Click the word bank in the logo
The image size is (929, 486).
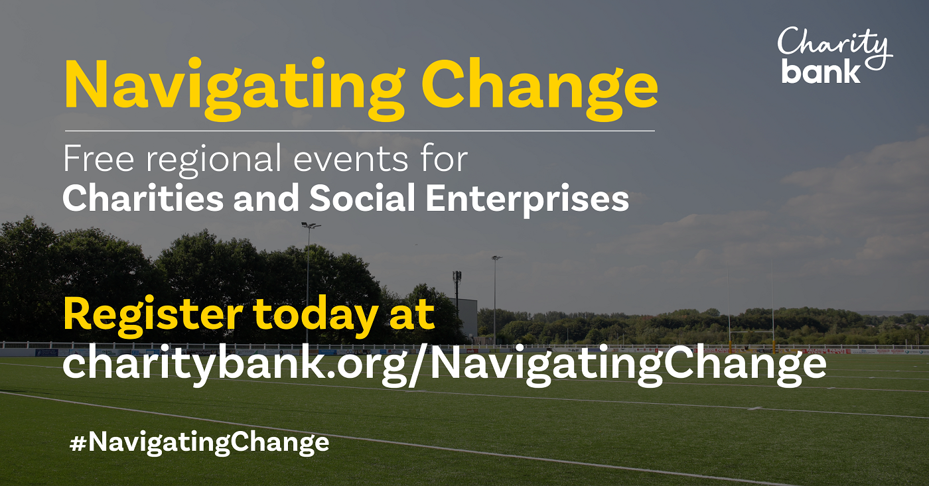821,71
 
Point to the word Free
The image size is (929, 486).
99,160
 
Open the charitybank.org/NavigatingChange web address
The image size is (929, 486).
444,363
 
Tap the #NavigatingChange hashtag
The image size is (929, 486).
199,442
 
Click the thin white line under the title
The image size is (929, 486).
358,131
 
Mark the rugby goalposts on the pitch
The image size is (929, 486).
750,312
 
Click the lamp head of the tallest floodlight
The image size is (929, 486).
310,225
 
